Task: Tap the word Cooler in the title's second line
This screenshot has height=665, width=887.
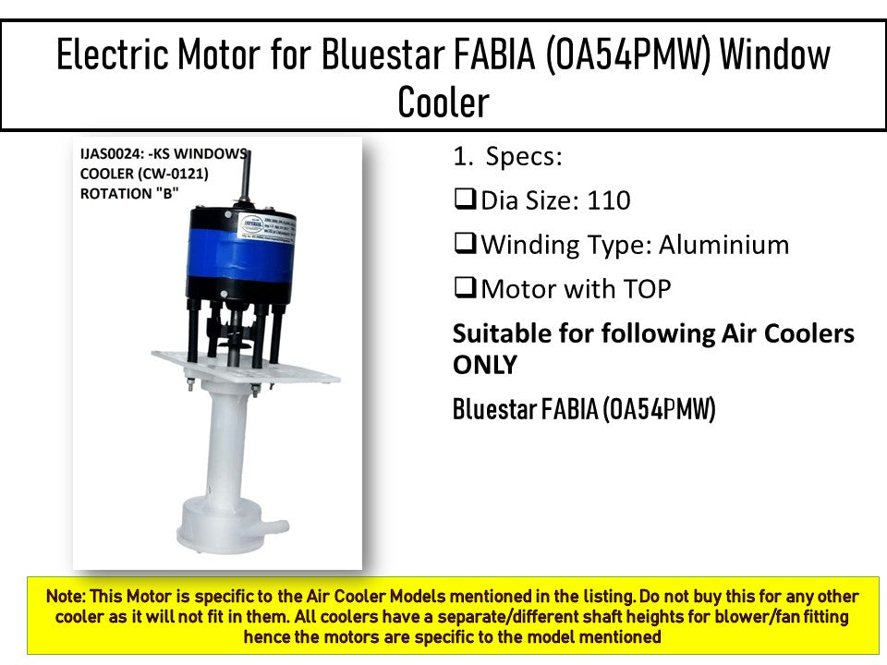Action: point(443,102)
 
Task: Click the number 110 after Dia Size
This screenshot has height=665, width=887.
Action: point(609,200)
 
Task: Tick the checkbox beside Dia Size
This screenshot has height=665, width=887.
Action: point(465,200)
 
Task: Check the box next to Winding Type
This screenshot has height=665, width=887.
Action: point(465,245)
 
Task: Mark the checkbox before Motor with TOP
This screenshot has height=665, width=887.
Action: point(465,289)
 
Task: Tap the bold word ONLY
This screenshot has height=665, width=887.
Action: point(484,365)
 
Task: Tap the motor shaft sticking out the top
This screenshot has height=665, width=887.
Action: point(247,180)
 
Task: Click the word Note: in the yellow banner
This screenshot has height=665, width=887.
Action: point(67,598)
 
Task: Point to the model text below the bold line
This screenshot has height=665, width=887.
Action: point(584,410)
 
